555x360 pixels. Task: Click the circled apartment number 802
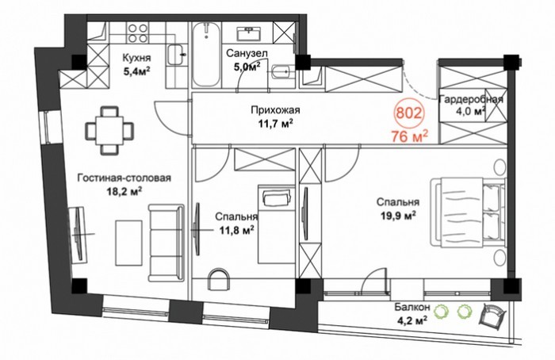409,113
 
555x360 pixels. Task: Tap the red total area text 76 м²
410,136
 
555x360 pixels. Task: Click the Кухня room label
136,58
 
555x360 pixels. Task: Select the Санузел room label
247,53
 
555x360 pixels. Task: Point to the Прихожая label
275,110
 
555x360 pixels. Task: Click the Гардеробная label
471,99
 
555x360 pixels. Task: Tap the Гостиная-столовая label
124,178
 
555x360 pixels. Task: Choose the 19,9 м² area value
398,216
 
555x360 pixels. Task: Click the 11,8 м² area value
236,231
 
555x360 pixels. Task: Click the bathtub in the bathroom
205,54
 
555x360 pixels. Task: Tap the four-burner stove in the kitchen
138,33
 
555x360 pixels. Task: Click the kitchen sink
176,55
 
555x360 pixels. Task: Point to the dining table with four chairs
109,130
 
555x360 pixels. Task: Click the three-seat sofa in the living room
166,243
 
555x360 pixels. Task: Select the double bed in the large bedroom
468,212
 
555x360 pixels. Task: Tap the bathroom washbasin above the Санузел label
250,33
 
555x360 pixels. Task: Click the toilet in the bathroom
284,72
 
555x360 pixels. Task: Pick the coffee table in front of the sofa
128,243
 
